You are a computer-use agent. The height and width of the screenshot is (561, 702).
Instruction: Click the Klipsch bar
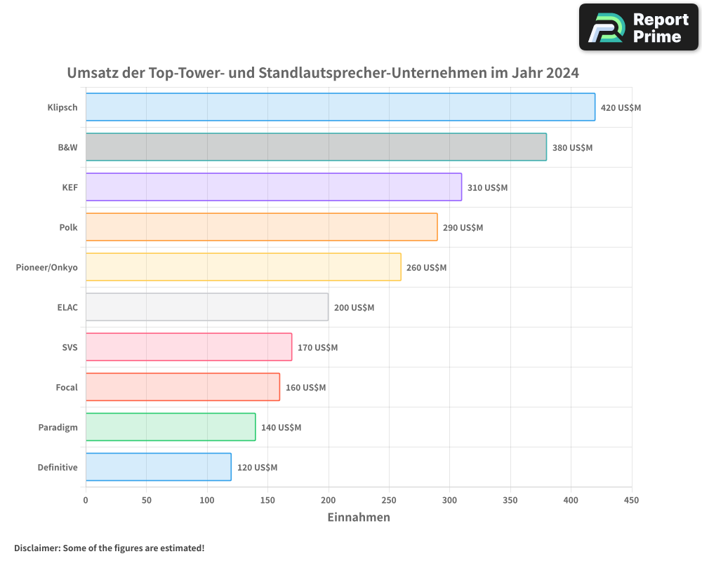tap(340, 107)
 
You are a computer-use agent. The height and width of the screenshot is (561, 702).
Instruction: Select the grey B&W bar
tap(316, 147)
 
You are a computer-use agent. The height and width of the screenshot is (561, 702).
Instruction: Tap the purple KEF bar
tap(274, 187)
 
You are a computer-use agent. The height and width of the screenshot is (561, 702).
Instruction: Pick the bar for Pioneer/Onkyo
tap(243, 267)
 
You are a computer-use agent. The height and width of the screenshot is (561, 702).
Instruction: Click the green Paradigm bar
tap(171, 427)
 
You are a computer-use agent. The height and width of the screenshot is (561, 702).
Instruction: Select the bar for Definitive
tap(159, 467)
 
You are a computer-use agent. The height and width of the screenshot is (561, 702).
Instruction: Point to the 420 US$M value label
tap(621, 108)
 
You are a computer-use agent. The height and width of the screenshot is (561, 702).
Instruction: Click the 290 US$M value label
tap(463, 228)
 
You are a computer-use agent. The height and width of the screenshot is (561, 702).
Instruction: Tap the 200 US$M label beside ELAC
tap(354, 308)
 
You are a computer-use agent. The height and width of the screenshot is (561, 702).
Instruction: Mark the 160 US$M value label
tap(305, 388)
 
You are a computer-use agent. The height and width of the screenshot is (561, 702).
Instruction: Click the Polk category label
tap(68, 227)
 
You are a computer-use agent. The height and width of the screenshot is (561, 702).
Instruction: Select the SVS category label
tap(69, 347)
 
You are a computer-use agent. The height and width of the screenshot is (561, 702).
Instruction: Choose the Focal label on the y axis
tap(67, 387)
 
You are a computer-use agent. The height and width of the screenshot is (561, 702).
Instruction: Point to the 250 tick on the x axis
tap(389, 500)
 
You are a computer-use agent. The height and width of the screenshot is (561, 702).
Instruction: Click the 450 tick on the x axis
tap(631, 500)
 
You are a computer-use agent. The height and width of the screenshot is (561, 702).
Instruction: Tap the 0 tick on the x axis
tap(86, 500)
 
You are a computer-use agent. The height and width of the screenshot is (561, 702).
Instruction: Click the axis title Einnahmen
tap(359, 518)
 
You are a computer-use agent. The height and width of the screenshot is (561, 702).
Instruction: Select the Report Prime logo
tap(638, 27)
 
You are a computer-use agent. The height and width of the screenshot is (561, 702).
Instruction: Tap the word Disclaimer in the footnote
tap(37, 548)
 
